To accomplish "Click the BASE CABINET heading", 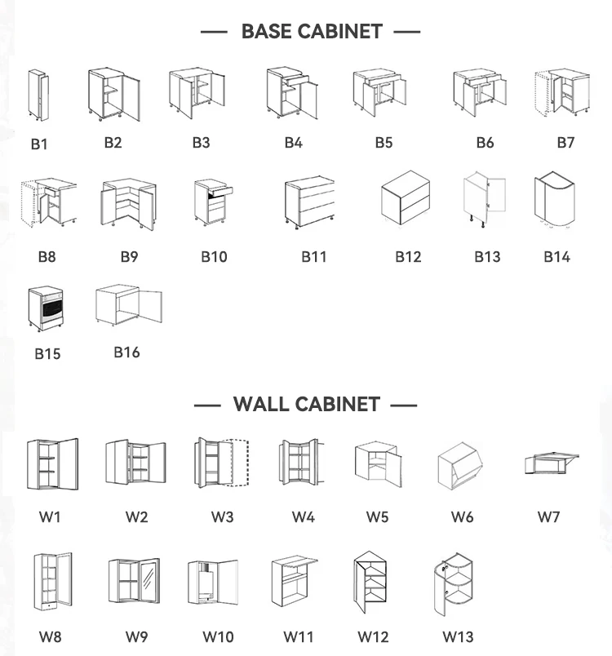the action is (x=311, y=32).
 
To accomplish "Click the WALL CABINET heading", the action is (x=306, y=404).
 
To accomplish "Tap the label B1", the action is (x=39, y=144).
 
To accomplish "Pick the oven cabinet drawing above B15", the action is (x=44, y=308).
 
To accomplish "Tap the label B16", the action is (x=126, y=352).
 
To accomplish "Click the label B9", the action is (x=129, y=256).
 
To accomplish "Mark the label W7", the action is (x=548, y=516).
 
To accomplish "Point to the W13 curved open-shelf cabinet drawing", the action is (x=452, y=587).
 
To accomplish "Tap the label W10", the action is (x=218, y=637).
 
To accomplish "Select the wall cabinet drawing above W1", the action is (x=51, y=464).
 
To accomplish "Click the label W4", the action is (x=304, y=516).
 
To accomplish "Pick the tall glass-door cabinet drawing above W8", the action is (x=52, y=583).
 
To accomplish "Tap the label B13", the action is (x=487, y=256).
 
